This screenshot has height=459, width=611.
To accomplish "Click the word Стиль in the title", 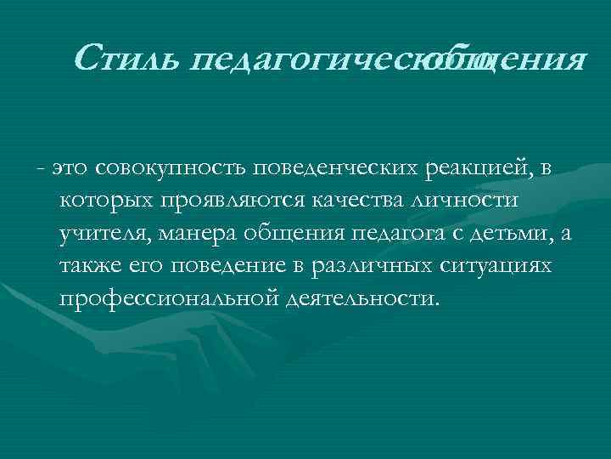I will [x=128, y=59].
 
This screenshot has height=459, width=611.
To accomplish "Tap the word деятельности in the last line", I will [x=362, y=300].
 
